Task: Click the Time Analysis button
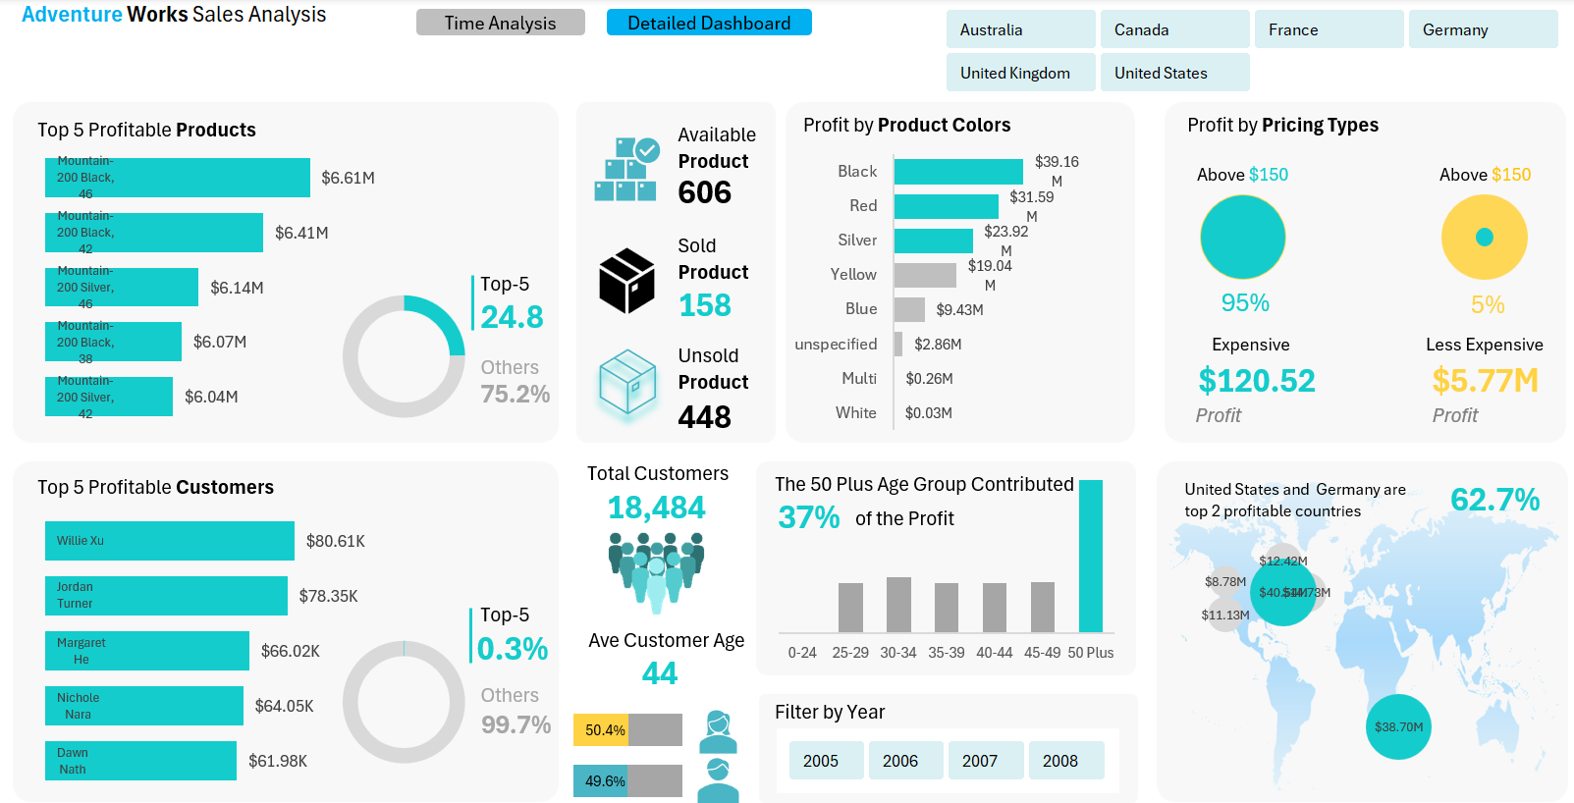pyautogui.click(x=500, y=23)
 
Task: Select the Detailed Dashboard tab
pyautogui.click(x=709, y=23)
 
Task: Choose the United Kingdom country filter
pyautogui.click(x=1020, y=73)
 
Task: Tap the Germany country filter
pyautogui.click(x=1483, y=29)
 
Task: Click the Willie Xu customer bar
pyautogui.click(x=169, y=541)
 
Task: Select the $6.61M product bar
pyautogui.click(x=177, y=178)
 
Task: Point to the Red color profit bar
pyautogui.click(x=946, y=206)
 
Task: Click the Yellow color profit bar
pyautogui.click(x=925, y=275)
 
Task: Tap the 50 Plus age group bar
pyautogui.click(x=1090, y=556)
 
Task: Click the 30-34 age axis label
pyautogui.click(x=897, y=653)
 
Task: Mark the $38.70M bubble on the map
pyautogui.click(x=1398, y=727)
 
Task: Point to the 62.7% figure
pyautogui.click(x=1494, y=500)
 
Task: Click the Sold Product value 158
pyautogui.click(x=705, y=305)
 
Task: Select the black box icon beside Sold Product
pyautogui.click(x=626, y=281)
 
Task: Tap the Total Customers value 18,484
pyautogui.click(x=656, y=508)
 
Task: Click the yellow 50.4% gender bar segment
pyautogui.click(x=601, y=730)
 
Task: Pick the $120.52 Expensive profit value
pyautogui.click(x=1256, y=381)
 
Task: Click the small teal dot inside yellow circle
pyautogui.click(x=1485, y=237)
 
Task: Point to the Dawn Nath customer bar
pyautogui.click(x=140, y=761)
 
